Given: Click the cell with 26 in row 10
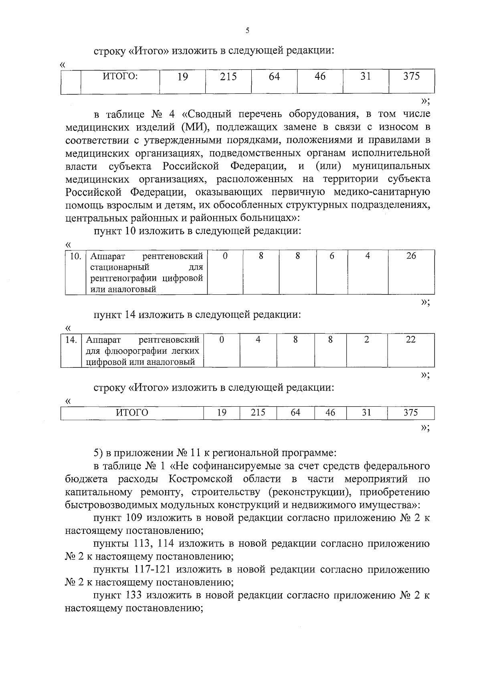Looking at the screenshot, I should [x=411, y=256].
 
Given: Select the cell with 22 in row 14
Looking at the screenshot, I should [x=410, y=340].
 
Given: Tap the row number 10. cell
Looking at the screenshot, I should [x=75, y=256].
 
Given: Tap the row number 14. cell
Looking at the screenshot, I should [x=71, y=340].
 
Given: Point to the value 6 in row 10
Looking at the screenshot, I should [x=331, y=256].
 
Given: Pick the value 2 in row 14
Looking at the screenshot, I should [x=366, y=340].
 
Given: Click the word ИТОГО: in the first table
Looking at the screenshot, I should [x=120, y=76].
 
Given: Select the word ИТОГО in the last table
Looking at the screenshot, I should [x=132, y=413].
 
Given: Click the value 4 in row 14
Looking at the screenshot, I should [x=258, y=340].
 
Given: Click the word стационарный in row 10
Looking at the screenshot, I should [x=120, y=267].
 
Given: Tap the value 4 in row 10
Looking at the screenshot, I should [x=367, y=256].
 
